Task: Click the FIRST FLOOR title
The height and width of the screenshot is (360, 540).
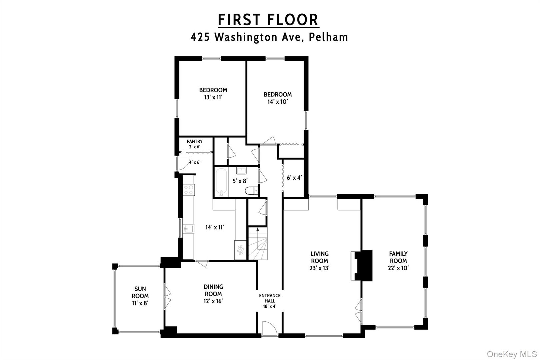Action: (x=268, y=20)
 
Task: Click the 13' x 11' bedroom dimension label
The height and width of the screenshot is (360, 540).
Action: (x=213, y=97)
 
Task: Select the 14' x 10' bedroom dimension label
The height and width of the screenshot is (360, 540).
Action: (x=277, y=102)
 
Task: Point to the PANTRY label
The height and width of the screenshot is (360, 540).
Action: (x=195, y=141)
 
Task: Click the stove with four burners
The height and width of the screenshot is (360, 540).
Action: (x=189, y=190)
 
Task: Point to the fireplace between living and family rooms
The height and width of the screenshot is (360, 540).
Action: (x=362, y=266)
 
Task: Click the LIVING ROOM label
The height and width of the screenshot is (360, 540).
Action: (x=319, y=257)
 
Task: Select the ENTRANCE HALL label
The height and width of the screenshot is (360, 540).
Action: (x=270, y=298)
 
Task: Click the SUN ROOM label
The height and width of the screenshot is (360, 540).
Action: (x=140, y=292)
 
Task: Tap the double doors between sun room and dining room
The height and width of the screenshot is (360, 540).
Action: (x=167, y=296)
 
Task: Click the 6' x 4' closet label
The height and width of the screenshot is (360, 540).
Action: (x=294, y=178)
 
